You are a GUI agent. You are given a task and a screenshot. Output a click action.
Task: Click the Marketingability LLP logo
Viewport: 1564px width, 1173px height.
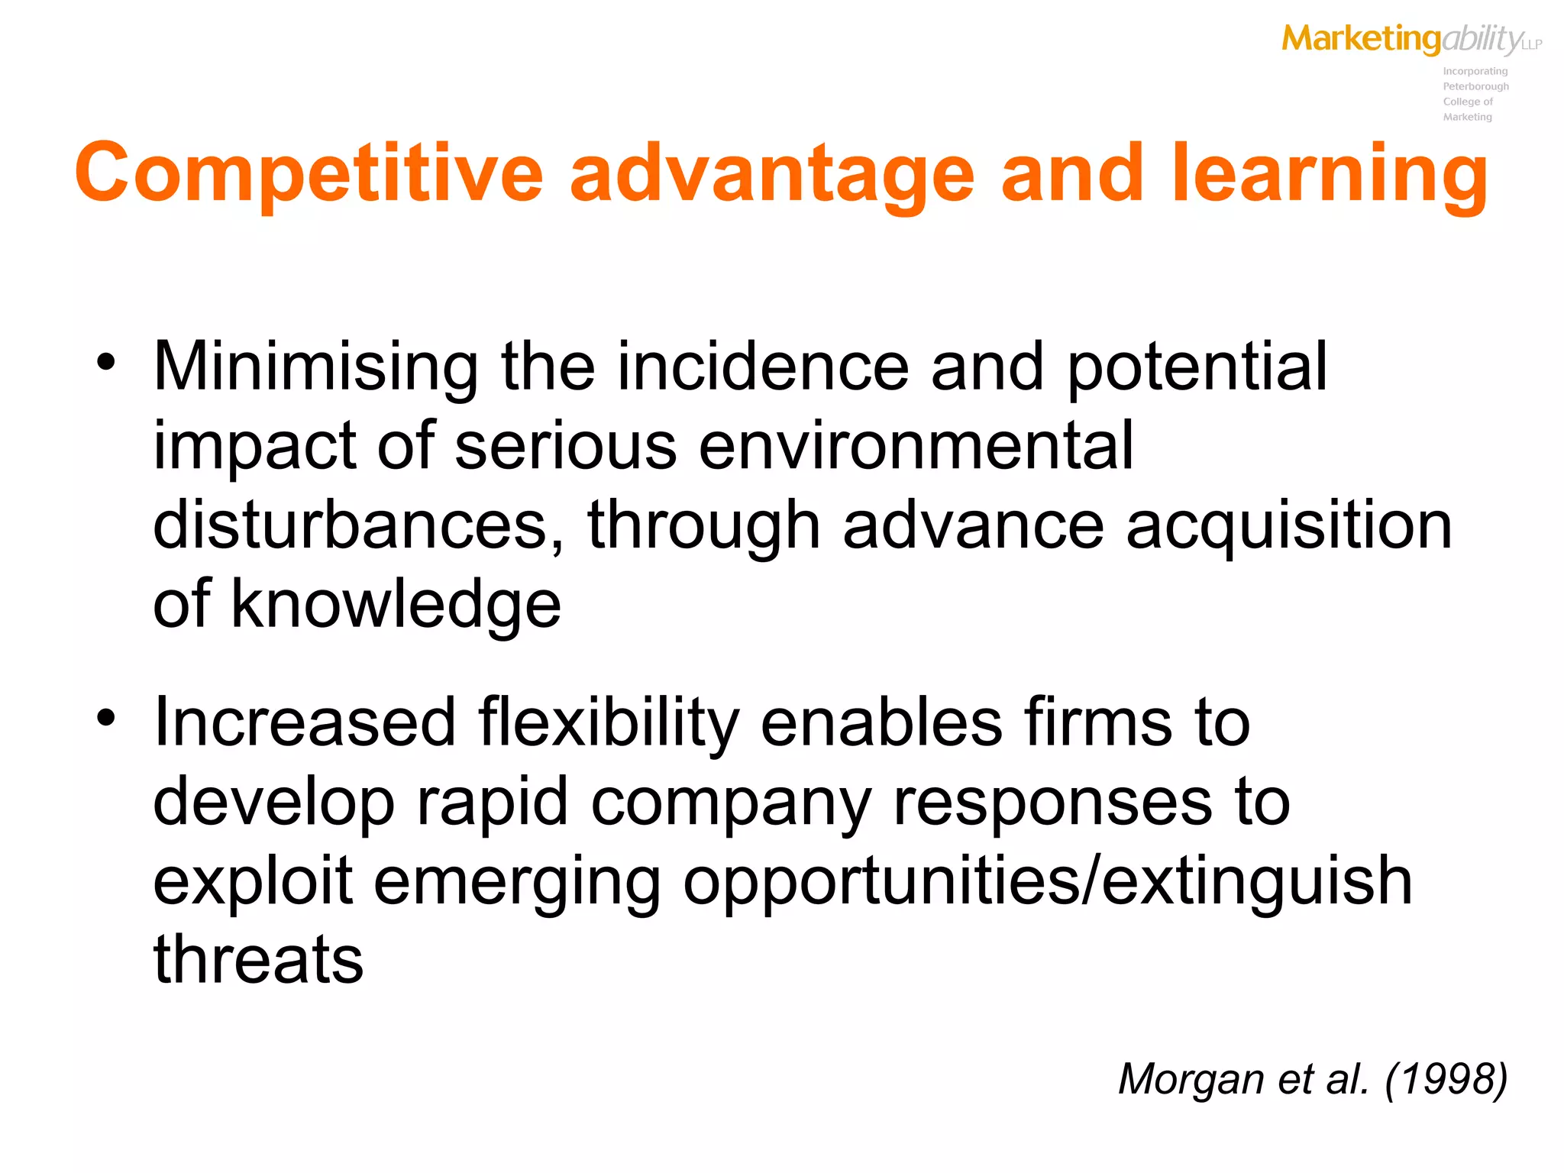tap(1411, 39)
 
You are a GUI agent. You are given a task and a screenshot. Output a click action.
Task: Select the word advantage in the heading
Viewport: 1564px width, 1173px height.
tap(772, 173)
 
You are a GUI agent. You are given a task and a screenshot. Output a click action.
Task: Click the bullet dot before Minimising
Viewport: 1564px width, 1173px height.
tap(106, 361)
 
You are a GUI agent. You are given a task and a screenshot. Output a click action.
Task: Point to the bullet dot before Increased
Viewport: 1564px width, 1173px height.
tap(106, 717)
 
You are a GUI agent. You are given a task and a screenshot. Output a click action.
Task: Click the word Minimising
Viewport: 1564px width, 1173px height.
tap(315, 367)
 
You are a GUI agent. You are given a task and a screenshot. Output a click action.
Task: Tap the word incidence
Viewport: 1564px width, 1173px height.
tap(763, 367)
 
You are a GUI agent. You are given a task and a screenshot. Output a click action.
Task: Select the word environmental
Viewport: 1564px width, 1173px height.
tap(916, 447)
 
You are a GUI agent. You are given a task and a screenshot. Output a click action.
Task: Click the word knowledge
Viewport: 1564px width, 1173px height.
tap(396, 605)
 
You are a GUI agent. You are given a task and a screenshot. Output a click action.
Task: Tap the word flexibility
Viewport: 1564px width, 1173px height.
tap(609, 723)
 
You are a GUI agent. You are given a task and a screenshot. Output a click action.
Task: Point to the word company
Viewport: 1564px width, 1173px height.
tap(731, 803)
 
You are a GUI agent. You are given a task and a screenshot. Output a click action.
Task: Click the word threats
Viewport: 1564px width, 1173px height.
tap(258, 960)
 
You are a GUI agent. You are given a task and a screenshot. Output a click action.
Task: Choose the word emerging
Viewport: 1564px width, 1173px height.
tap(517, 882)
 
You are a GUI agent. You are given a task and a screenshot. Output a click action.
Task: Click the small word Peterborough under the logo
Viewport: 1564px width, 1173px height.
tap(1475, 86)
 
